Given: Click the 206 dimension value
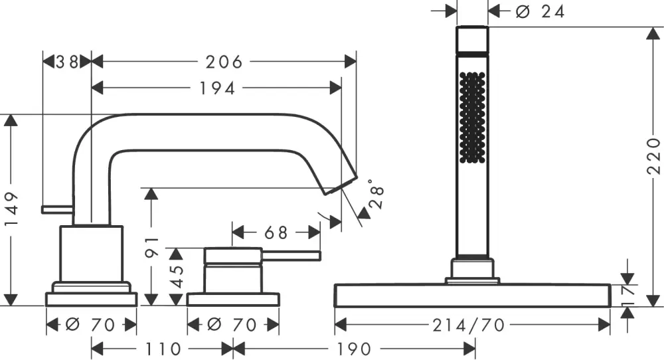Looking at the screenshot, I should coord(224,62).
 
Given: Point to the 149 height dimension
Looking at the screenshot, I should coord(11,211).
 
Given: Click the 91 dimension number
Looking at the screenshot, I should coord(151,246).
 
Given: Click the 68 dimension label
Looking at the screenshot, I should coord(276,233).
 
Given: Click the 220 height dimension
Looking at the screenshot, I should coord(654,157).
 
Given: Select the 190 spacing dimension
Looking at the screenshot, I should coord(353,349).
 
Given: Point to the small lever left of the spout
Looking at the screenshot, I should coord(57,210).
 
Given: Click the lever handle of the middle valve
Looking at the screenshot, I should coord(292,256).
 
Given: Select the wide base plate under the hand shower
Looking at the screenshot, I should coord(472,296).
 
